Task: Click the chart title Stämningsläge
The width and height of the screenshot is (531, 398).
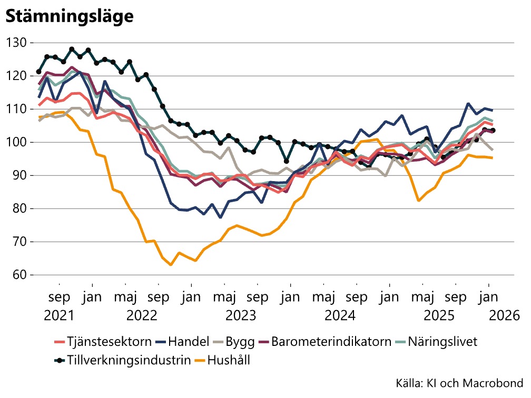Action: click(69, 16)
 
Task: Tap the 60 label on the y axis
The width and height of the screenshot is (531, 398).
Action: click(20, 275)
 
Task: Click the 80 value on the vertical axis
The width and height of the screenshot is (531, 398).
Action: click(20, 208)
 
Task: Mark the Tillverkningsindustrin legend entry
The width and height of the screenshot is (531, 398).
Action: click(122, 361)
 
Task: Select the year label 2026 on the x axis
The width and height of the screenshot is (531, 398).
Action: click(504, 316)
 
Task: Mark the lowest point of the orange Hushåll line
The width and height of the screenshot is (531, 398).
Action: click(171, 264)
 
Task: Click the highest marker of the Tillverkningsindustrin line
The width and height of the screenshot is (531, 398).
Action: click(72, 49)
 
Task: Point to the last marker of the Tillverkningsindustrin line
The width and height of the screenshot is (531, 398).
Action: click(493, 131)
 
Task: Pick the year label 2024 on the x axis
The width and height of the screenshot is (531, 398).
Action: click(340, 316)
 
